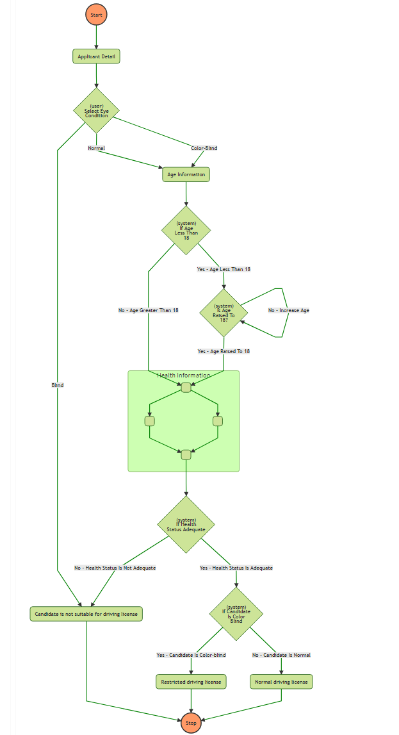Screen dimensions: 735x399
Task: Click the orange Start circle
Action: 96,14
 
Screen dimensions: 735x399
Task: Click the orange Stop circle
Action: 191,722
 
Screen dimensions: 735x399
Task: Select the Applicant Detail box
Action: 96,56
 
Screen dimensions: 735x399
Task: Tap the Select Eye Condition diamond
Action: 96,111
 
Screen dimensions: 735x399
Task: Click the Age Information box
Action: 186,174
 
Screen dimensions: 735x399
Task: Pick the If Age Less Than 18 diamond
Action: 186,230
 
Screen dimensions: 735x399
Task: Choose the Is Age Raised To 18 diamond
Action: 224,313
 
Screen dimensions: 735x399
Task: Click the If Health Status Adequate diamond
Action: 186,525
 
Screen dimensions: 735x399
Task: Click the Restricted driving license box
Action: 191,682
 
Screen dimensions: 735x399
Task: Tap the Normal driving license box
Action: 281,682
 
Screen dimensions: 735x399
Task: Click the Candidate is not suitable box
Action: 86,614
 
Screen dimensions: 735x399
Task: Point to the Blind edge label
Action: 58,385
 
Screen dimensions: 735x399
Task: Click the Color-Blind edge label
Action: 204,148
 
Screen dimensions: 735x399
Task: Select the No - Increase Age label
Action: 288,310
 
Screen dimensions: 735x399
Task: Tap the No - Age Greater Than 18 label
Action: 148,310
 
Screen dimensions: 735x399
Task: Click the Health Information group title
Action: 183,376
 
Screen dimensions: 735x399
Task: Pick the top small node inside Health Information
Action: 186,387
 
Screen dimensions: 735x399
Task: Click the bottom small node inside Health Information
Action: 186,455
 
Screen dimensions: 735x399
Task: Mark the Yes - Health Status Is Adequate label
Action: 236,568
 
